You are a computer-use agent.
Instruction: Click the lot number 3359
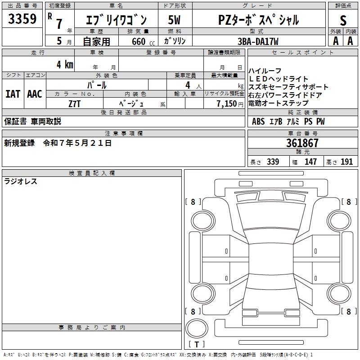click(22, 19)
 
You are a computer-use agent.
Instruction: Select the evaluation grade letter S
click(343, 20)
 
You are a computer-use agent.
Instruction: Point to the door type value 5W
click(174, 20)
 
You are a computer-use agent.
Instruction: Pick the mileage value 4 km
click(65, 64)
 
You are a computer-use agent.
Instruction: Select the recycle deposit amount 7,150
click(227, 103)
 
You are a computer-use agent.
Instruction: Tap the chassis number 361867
click(302, 143)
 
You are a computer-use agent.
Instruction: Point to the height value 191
click(346, 162)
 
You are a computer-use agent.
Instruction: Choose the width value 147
click(310, 162)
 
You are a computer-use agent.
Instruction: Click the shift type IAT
click(13, 94)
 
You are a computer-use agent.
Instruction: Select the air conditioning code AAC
click(35, 94)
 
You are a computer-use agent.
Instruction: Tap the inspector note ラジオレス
click(21, 182)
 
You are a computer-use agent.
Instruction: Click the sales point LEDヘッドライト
click(279, 79)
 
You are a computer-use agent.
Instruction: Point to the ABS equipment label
click(258, 121)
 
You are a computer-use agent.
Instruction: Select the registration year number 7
click(59, 24)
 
